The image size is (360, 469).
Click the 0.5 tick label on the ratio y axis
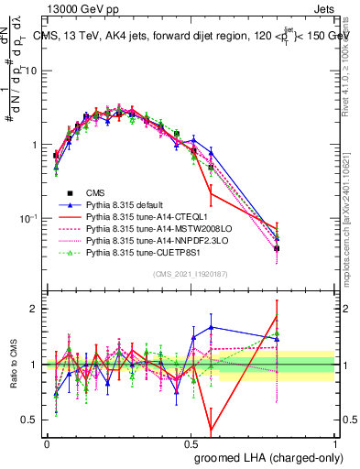coord(30,420)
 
